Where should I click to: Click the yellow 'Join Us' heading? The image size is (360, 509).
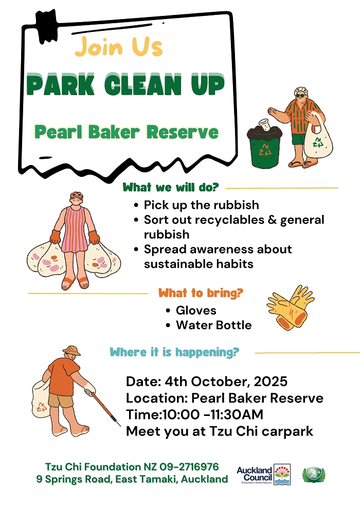pos(118,47)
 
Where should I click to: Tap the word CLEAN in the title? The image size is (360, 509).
pos(143,85)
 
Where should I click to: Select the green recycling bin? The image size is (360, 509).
pos(264,146)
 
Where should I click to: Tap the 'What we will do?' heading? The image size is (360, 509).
pos(171,187)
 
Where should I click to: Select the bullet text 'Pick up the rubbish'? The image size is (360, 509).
pos(201,205)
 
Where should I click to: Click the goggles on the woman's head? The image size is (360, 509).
pos(77,195)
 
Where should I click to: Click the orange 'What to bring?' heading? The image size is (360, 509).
pos(201,293)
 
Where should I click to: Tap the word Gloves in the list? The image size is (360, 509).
pos(196,311)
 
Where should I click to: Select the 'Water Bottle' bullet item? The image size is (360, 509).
pos(213,325)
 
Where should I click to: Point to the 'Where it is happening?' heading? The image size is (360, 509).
pos(174,352)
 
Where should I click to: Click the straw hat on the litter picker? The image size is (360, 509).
pos(71,350)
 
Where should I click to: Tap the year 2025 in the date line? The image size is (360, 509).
pos(271,381)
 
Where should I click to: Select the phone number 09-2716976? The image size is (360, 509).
pos(189,467)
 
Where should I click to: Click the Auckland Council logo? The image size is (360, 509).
pos(264,475)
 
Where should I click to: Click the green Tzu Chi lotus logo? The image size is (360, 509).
pos(314,475)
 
